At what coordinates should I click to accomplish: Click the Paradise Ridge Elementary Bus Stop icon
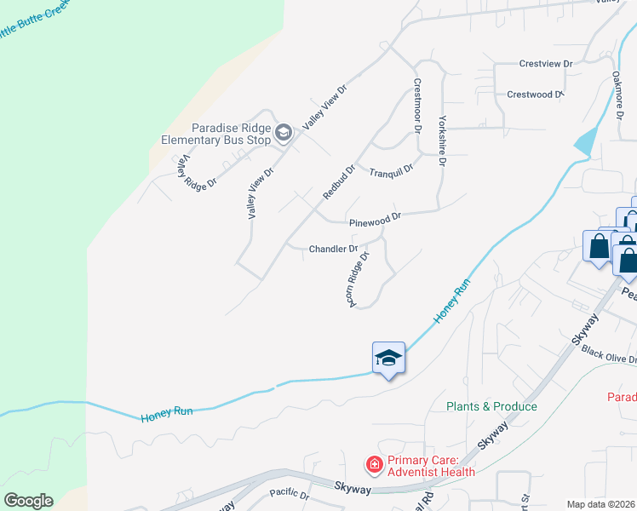284,132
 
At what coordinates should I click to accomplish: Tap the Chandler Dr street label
333,250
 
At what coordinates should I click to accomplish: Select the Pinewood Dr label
375,221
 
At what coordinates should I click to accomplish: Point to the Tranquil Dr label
391,170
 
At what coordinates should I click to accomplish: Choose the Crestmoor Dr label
417,106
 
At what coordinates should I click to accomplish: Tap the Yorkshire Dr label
442,135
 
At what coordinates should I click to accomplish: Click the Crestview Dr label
546,64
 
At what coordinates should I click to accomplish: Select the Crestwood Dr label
536,95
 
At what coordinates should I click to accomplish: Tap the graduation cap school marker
388,359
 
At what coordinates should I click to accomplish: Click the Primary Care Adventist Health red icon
373,464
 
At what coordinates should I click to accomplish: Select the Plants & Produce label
491,406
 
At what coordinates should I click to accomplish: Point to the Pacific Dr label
288,493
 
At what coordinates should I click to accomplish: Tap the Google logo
28,501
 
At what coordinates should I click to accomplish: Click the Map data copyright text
601,504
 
